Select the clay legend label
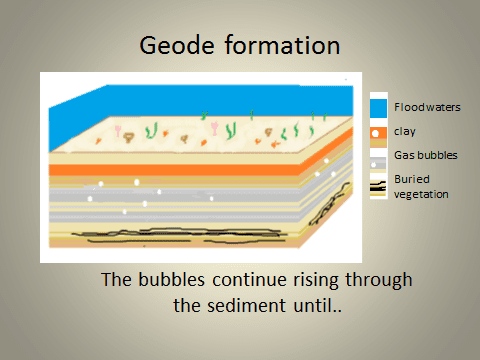tap(404, 130)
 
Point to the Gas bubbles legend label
tap(421, 156)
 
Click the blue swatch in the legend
tap(378, 107)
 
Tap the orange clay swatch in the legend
tap(378, 132)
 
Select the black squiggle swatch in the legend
tap(378, 188)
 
